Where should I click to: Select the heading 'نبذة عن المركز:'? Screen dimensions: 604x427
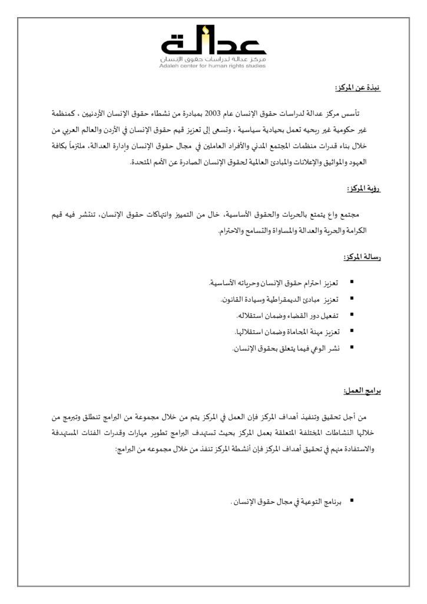click(358, 88)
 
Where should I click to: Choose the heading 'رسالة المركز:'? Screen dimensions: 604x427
click(361, 258)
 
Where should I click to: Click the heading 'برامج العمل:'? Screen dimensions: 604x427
click(362, 391)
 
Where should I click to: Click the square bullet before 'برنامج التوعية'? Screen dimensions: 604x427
click(352, 500)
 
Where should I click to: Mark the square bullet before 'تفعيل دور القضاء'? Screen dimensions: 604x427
click(352, 316)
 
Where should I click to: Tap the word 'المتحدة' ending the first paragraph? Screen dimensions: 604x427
click(142, 162)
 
